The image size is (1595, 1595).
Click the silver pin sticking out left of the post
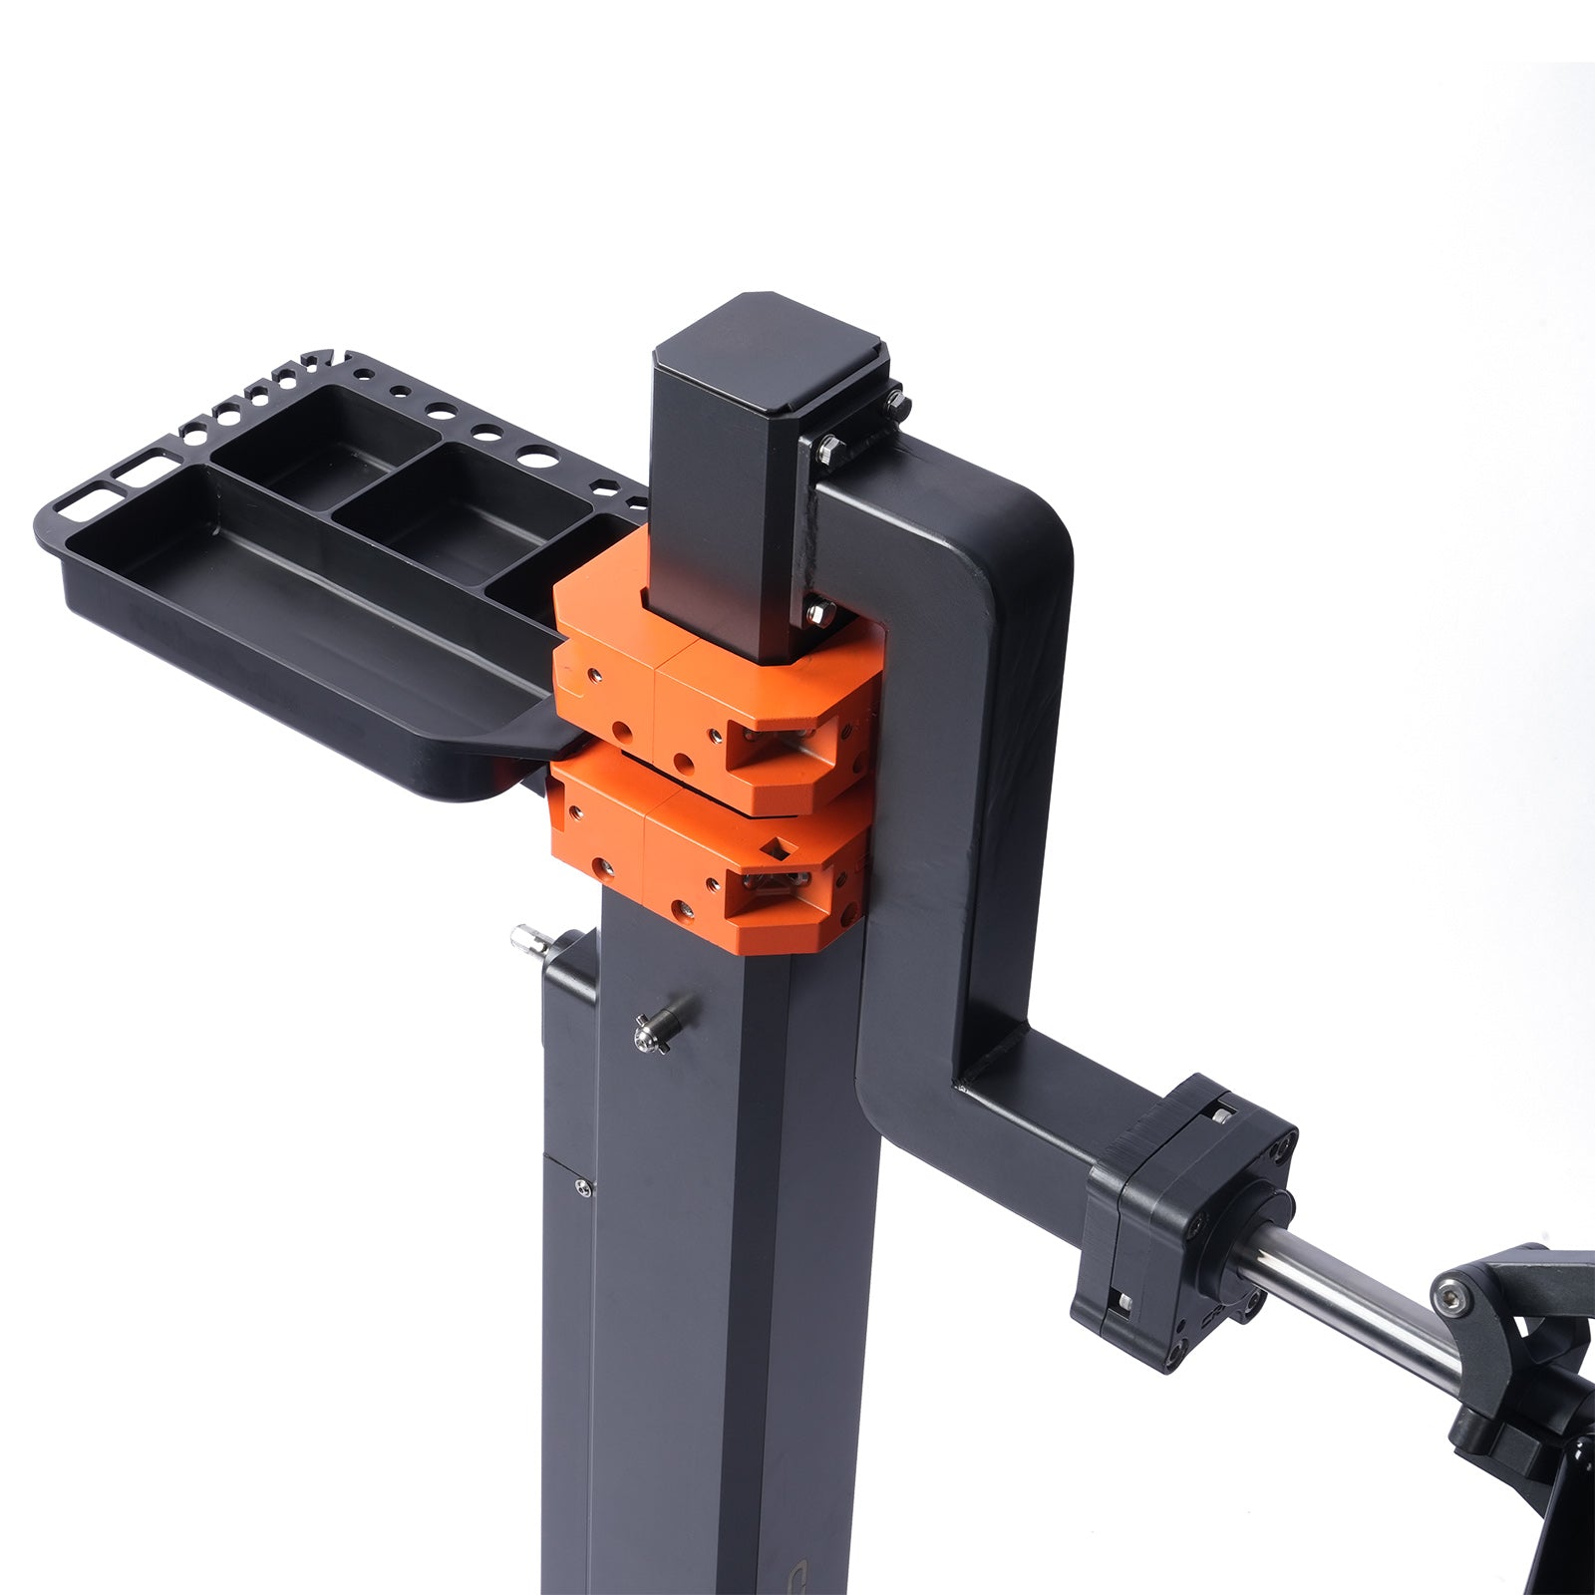[x=526, y=940]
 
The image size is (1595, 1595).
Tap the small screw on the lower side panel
[x=582, y=1186]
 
